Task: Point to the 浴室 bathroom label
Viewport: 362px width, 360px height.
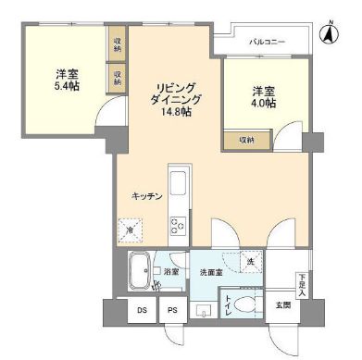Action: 170,272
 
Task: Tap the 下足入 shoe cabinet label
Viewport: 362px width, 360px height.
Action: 302,277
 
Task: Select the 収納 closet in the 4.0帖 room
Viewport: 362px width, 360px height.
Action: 246,140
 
